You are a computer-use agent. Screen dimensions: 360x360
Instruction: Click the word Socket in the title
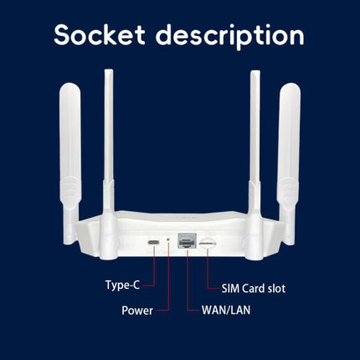click(x=100, y=34)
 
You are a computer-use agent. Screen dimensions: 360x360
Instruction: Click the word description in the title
click(x=230, y=37)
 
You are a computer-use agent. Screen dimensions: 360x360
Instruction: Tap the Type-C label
click(x=122, y=285)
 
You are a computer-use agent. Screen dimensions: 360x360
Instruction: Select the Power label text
click(x=137, y=311)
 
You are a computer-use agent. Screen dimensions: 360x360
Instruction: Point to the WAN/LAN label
click(x=226, y=310)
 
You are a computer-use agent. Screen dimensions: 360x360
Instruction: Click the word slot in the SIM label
click(x=276, y=289)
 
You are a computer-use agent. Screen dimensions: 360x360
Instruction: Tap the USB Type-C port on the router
click(x=154, y=242)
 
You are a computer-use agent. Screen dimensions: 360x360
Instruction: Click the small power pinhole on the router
click(x=168, y=239)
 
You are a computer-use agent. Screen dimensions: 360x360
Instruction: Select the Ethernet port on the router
click(x=187, y=240)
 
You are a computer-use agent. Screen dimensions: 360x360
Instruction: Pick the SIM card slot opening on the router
click(x=208, y=244)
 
